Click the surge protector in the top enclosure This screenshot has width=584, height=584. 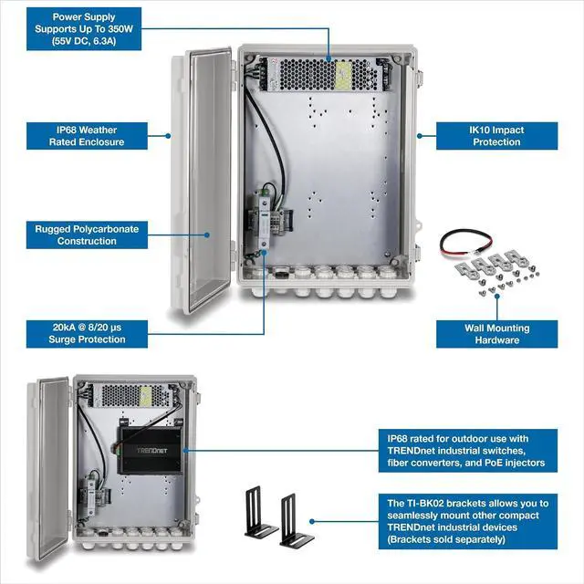coord(266,219)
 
